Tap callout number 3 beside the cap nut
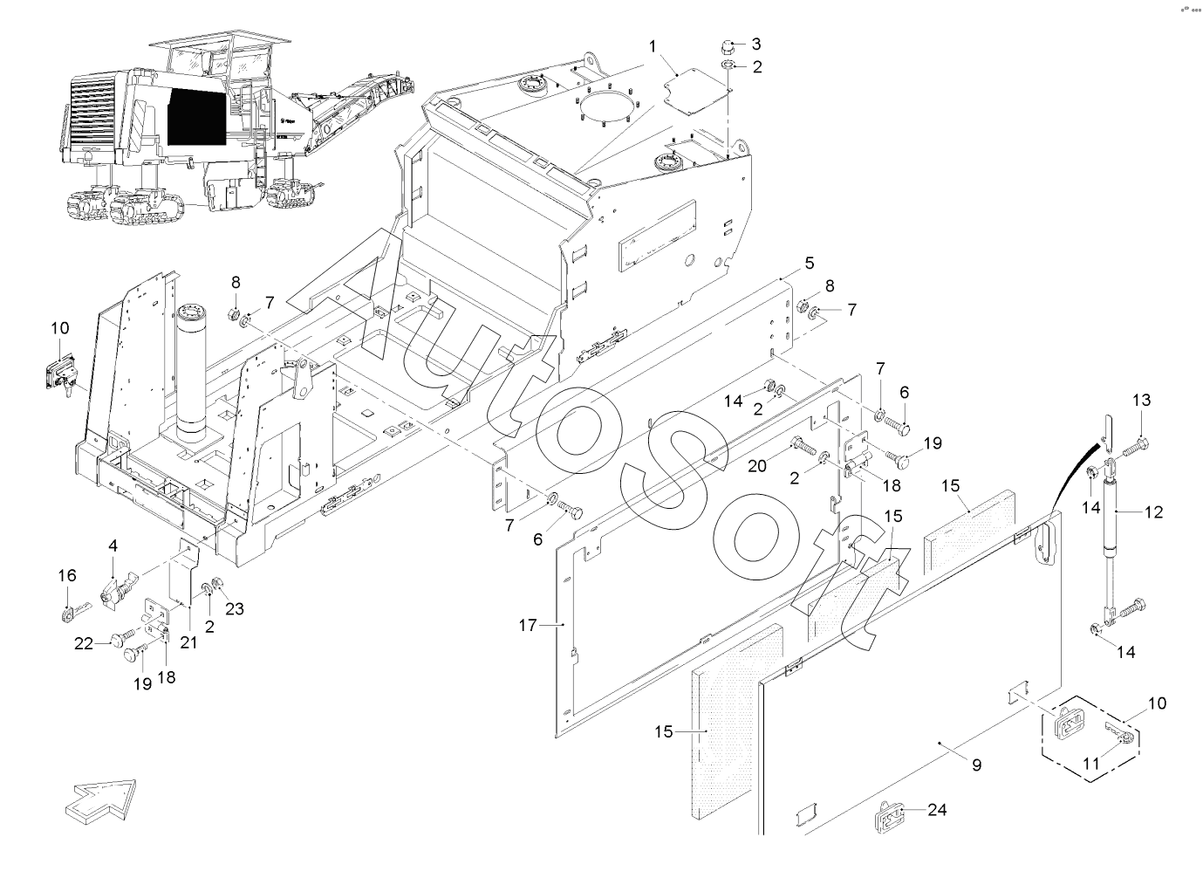click(x=756, y=44)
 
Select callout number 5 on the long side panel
click(x=809, y=262)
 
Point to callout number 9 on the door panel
click(x=976, y=765)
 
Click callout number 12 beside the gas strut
click(x=1154, y=512)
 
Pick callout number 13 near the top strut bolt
click(x=1142, y=401)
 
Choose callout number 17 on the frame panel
click(x=527, y=625)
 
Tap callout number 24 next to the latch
click(x=936, y=810)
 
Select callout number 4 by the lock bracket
click(x=113, y=545)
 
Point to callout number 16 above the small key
click(x=67, y=575)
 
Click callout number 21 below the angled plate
click(x=188, y=642)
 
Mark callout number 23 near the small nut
click(x=235, y=609)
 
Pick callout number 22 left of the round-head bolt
click(x=84, y=643)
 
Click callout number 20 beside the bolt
click(x=757, y=466)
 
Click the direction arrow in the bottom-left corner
click(x=100, y=799)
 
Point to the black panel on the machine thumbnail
click(x=196, y=117)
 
